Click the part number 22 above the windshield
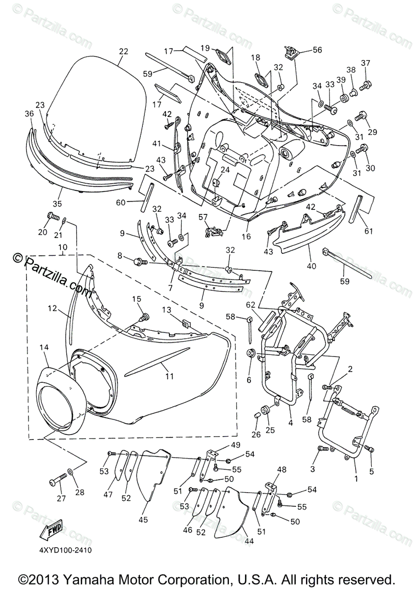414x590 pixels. pos(123,52)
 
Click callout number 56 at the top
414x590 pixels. pos(317,50)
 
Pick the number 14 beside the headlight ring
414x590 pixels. pos(44,347)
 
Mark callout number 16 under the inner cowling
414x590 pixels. pos(246,236)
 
